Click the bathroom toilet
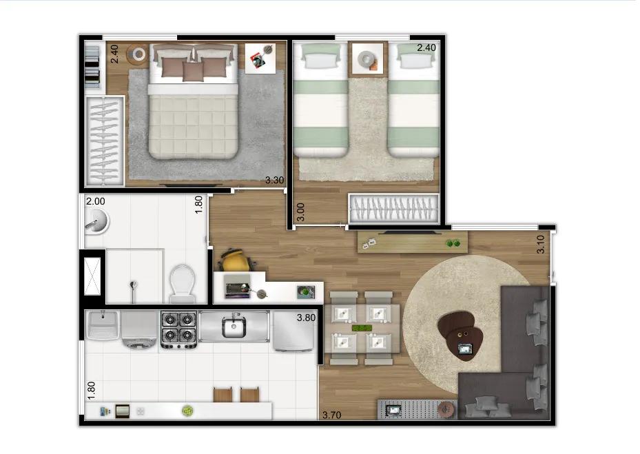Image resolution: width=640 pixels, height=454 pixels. pos(182,283)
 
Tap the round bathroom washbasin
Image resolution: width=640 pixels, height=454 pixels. pos(96,221)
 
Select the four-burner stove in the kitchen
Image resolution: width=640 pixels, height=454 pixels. pos(179,329)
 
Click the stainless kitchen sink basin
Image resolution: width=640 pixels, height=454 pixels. pos(234,327)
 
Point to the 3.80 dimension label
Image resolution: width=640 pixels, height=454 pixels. pos(306,318)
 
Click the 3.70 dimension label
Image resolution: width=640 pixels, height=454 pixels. pos(331,415)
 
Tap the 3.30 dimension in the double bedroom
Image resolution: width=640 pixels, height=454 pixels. pos(274,180)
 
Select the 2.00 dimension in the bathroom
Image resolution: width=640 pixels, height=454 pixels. pos(96,201)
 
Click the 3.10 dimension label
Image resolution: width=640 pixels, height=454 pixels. pos(540,244)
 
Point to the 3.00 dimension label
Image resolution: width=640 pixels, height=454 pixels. pos(300,212)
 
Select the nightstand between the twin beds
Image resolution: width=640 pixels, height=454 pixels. pos(367,59)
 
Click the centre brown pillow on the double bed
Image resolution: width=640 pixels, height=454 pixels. pos(193,71)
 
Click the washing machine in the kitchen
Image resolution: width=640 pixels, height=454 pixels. pos(139,329)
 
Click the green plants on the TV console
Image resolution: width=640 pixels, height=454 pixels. pos(453,243)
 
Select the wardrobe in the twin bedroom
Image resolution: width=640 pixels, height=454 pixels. pos(393,209)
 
